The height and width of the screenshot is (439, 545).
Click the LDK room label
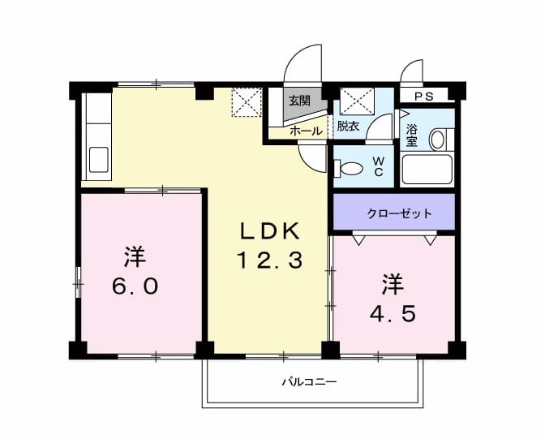point(270,230)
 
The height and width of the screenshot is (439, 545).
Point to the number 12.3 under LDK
point(270,260)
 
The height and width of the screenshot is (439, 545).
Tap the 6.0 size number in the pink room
point(135,286)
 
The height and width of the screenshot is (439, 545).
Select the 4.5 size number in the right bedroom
point(393,312)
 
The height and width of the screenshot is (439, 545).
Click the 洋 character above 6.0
point(135,257)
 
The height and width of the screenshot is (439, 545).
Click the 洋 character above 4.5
point(393,284)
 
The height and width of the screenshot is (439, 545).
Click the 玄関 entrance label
point(298,101)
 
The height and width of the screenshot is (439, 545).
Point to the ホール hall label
point(306,130)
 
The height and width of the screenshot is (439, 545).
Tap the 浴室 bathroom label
point(412,135)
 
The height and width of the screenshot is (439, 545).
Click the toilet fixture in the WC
point(349,169)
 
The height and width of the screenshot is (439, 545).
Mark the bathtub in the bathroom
point(427,170)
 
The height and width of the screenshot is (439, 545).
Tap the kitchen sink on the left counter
point(98,158)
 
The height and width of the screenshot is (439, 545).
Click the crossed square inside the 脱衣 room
point(356,102)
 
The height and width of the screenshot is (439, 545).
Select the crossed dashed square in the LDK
point(244,102)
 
